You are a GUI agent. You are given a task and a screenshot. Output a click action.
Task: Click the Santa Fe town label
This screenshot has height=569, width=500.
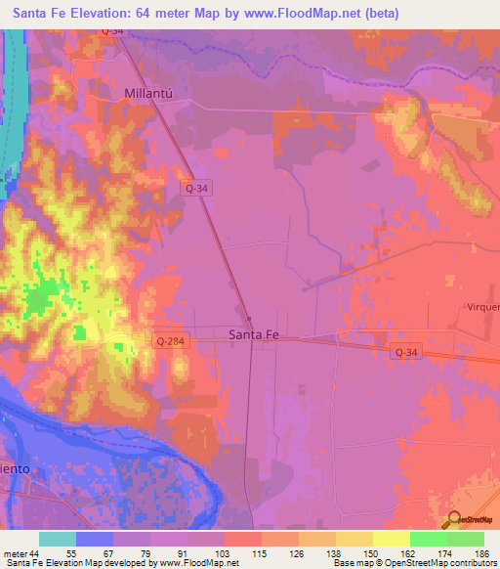(253, 334)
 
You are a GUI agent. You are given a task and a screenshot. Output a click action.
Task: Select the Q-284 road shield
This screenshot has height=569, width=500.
(169, 340)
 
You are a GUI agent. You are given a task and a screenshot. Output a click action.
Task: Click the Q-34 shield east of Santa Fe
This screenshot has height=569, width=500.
(407, 350)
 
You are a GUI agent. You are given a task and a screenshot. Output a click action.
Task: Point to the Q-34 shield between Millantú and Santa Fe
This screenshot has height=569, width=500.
(197, 187)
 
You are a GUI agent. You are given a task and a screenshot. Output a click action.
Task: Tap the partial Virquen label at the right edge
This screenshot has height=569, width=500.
(482, 306)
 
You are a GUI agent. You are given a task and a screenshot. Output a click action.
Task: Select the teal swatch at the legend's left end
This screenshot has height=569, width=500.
(57, 539)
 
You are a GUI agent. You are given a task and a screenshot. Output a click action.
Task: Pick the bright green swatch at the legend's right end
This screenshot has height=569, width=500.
(466, 539)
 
